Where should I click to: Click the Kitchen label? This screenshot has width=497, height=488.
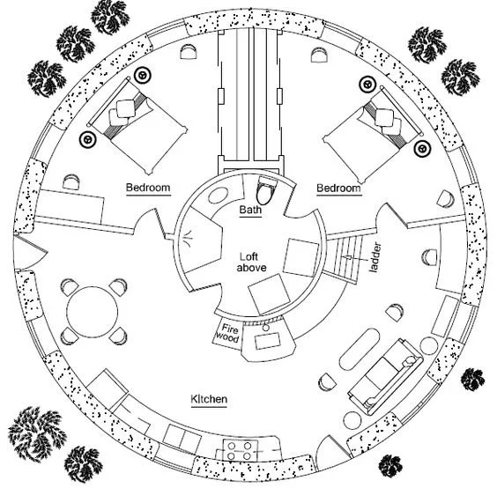209,400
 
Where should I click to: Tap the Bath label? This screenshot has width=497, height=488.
250,210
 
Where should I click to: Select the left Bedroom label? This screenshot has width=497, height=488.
148,189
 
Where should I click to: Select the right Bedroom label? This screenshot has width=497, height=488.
339,189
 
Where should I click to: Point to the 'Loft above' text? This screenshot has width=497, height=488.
253,262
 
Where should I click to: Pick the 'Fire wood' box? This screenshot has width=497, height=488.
227,332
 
